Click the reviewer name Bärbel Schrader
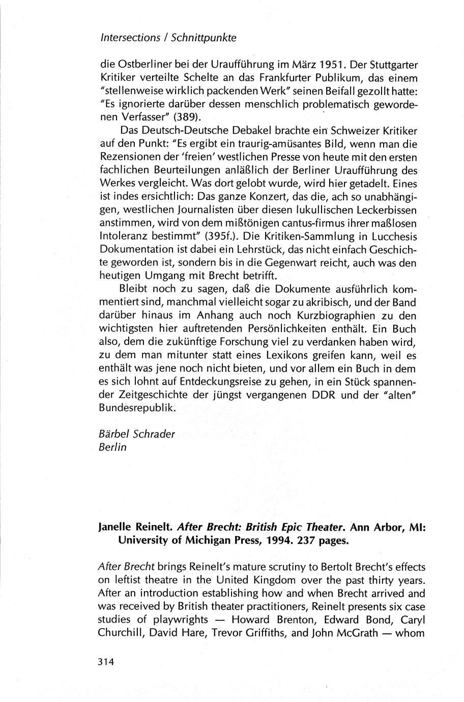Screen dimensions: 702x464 click(136, 434)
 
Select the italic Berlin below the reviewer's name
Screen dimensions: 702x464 click(112, 448)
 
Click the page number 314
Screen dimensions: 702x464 click(107, 662)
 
